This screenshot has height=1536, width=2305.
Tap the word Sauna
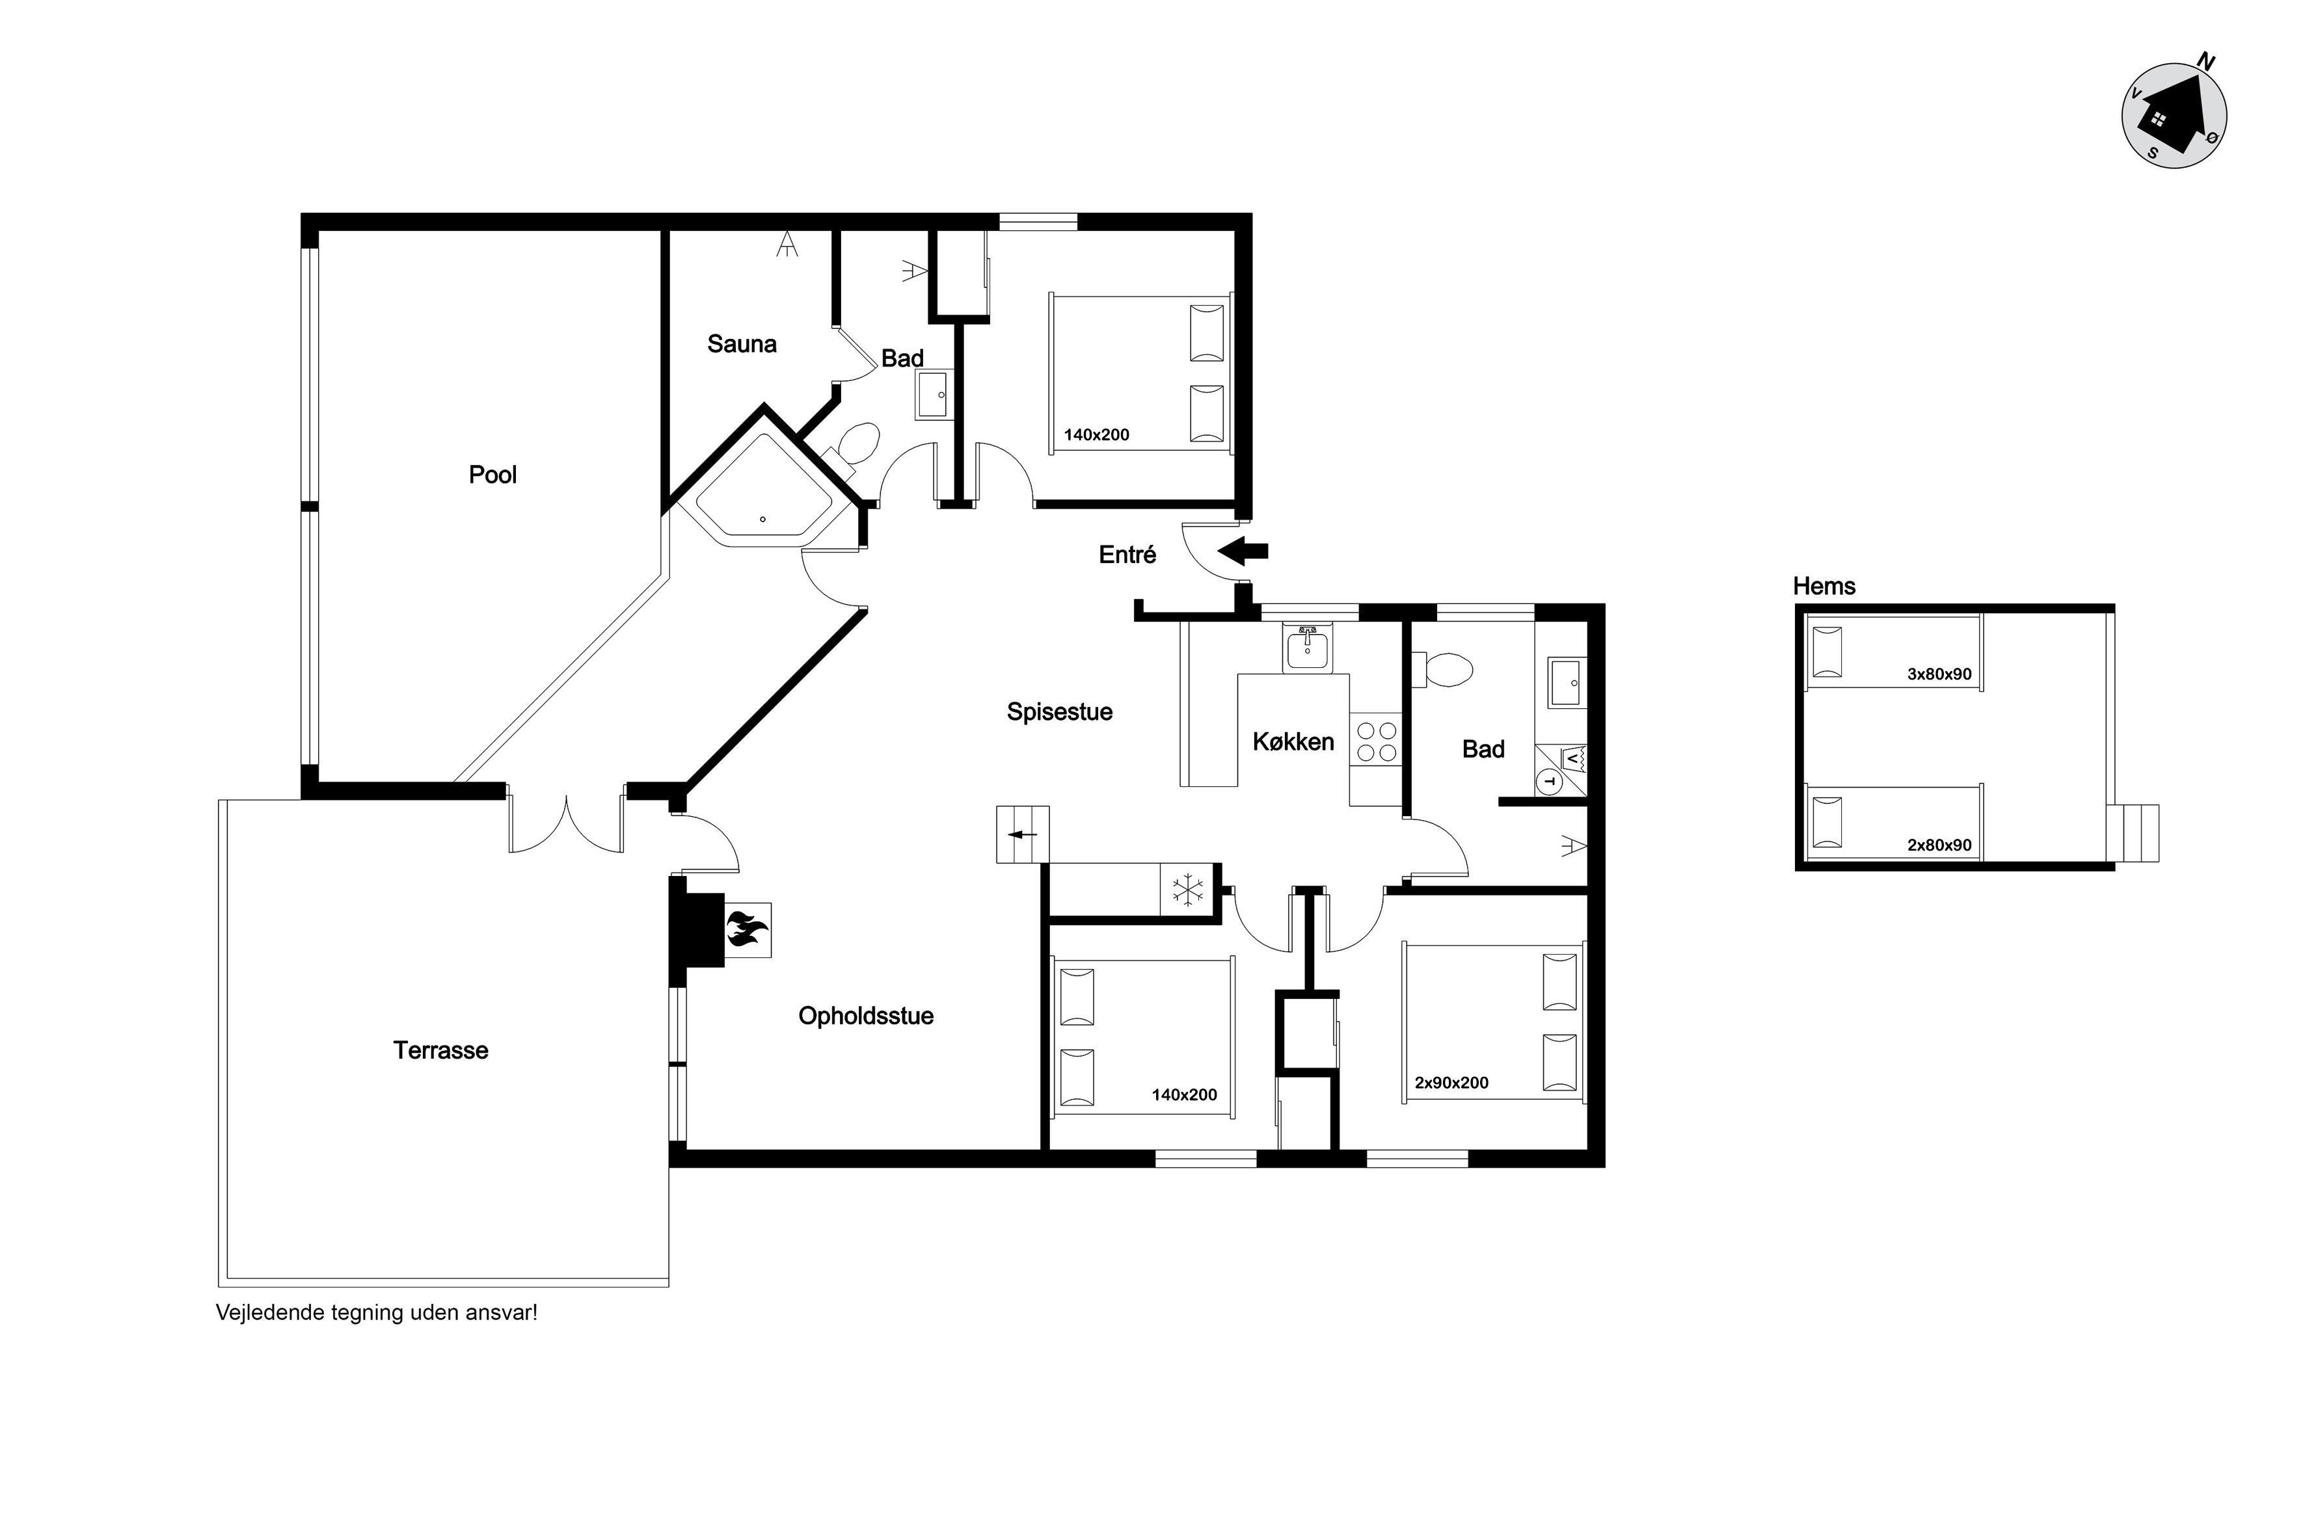pos(742,344)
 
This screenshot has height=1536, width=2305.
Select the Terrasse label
pos(441,1050)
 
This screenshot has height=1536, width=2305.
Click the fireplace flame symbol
pos(747,929)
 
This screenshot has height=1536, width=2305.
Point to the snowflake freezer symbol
pos(1188,890)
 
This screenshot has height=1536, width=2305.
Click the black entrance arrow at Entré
pos(1243,551)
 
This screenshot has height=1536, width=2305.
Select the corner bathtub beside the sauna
pos(762,490)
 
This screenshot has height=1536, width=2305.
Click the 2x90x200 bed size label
pos(1451,1083)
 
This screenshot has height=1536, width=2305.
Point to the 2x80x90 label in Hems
pos(1939,844)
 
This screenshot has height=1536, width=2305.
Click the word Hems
pos(1824,586)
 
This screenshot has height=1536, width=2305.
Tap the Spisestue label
pos(1059,712)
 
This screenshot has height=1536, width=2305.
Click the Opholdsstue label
pos(867,1016)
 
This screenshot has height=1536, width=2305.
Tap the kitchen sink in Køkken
pos(1308,648)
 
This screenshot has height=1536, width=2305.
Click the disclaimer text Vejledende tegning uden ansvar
pos(376,1314)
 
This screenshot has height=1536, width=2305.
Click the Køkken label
pos(1293,741)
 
